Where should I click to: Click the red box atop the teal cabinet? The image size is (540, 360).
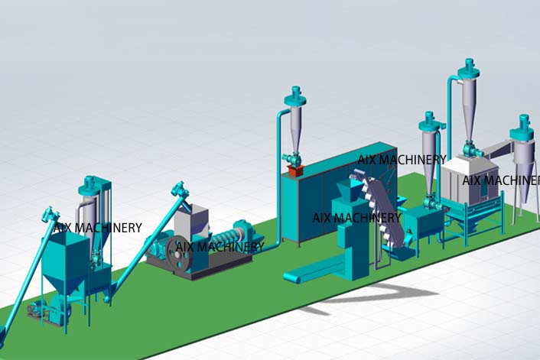point(294,170)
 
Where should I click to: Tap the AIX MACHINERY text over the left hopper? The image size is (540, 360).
point(97,228)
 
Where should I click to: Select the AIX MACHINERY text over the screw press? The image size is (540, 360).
point(220,247)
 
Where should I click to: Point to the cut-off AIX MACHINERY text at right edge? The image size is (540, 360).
point(500,180)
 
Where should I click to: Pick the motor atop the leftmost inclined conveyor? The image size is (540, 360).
point(50,215)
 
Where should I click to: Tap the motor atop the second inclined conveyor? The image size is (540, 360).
point(180,188)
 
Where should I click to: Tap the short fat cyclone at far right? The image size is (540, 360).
point(522,153)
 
